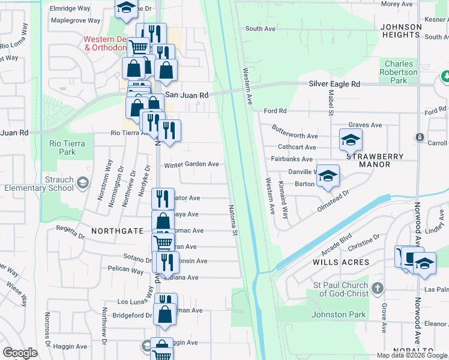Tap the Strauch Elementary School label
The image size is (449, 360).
click(37, 184)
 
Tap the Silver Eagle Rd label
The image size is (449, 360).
click(334, 85)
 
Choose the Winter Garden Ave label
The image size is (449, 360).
click(191, 164)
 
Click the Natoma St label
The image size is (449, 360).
click(233, 220)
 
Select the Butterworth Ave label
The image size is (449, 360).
click(295, 136)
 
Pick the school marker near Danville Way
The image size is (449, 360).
click(328, 177)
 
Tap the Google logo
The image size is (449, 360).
click(20, 353)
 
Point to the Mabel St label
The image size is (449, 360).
click(330, 103)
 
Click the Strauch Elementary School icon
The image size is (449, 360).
click(82, 182)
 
